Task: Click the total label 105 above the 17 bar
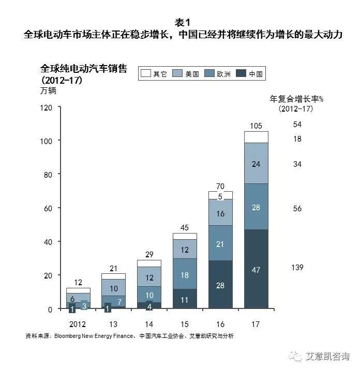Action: pos(256,126)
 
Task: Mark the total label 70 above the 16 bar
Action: pos(220,185)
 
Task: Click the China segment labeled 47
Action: pos(256,269)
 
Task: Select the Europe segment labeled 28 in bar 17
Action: pos(256,207)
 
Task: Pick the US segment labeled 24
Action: pos(256,164)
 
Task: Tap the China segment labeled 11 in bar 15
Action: pos(185,299)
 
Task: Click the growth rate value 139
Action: pos(297,267)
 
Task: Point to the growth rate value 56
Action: pos(297,208)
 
